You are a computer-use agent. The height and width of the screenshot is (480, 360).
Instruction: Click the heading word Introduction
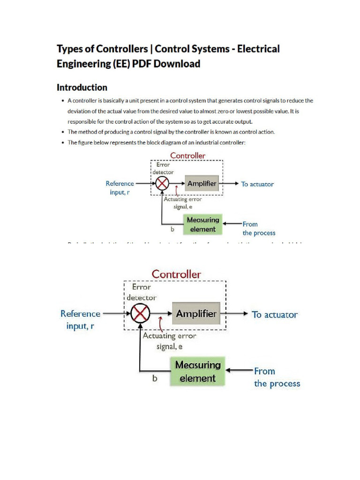click(82, 87)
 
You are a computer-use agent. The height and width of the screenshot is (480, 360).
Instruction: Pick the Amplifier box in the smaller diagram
click(202, 184)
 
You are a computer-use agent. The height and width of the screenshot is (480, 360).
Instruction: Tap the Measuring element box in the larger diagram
click(197, 371)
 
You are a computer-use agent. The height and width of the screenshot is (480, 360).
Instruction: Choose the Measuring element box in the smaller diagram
click(202, 225)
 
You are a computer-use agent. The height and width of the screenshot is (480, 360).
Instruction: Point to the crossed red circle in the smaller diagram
click(162, 184)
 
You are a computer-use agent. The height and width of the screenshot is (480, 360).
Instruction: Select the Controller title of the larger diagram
click(176, 274)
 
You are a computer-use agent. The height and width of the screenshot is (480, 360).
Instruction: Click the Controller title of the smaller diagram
click(187, 155)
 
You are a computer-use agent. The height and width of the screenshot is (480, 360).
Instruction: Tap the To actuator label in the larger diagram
click(275, 315)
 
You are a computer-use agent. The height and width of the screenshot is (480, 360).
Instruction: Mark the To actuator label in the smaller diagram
click(257, 184)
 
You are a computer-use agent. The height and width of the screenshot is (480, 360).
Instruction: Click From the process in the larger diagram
click(277, 377)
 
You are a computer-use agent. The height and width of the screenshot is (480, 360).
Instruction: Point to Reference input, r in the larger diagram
click(81, 320)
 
